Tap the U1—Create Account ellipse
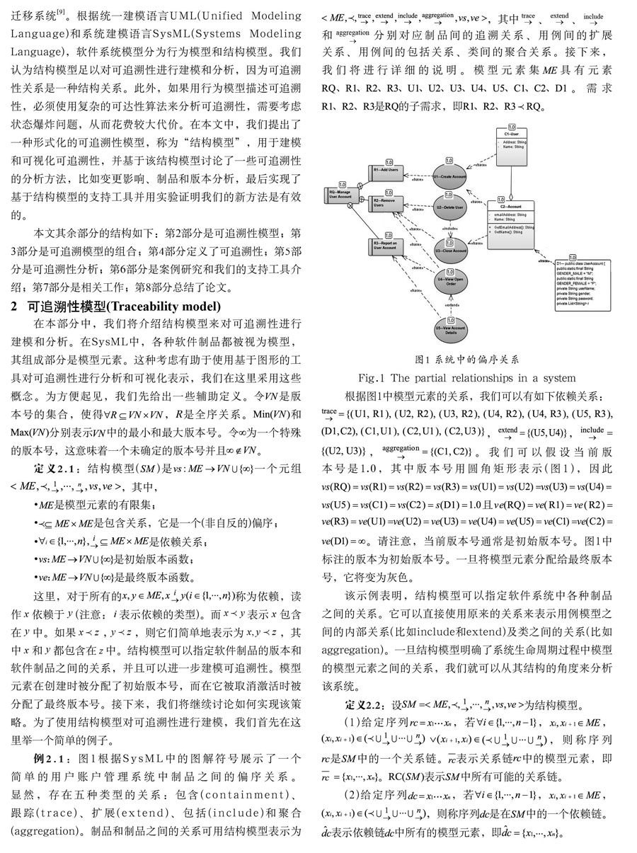tap(449, 177)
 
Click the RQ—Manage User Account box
tap(340, 195)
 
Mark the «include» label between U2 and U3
tap(449, 229)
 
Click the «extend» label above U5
tap(449, 304)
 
